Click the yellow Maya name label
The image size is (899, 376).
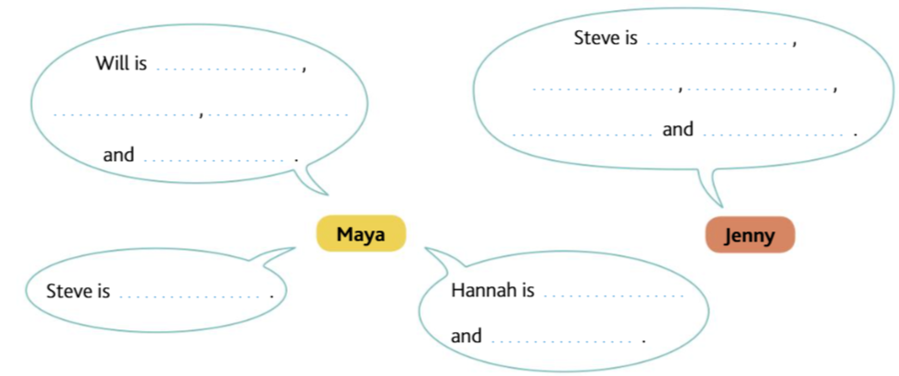click(x=360, y=234)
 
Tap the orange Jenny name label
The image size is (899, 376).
click(x=750, y=235)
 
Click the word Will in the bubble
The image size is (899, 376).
click(x=109, y=65)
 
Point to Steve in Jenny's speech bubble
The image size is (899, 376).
click(x=594, y=38)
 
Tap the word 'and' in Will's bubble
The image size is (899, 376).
click(x=118, y=156)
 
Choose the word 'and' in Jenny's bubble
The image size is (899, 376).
click(x=678, y=130)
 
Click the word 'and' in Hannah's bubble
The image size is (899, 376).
click(x=466, y=336)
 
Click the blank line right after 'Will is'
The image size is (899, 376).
click(x=228, y=68)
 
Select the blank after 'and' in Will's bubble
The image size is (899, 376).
click(x=219, y=159)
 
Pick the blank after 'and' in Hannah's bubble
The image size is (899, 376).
click(x=564, y=339)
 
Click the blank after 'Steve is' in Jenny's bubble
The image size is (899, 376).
click(x=718, y=42)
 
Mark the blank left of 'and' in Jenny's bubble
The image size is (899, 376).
click(x=583, y=134)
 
